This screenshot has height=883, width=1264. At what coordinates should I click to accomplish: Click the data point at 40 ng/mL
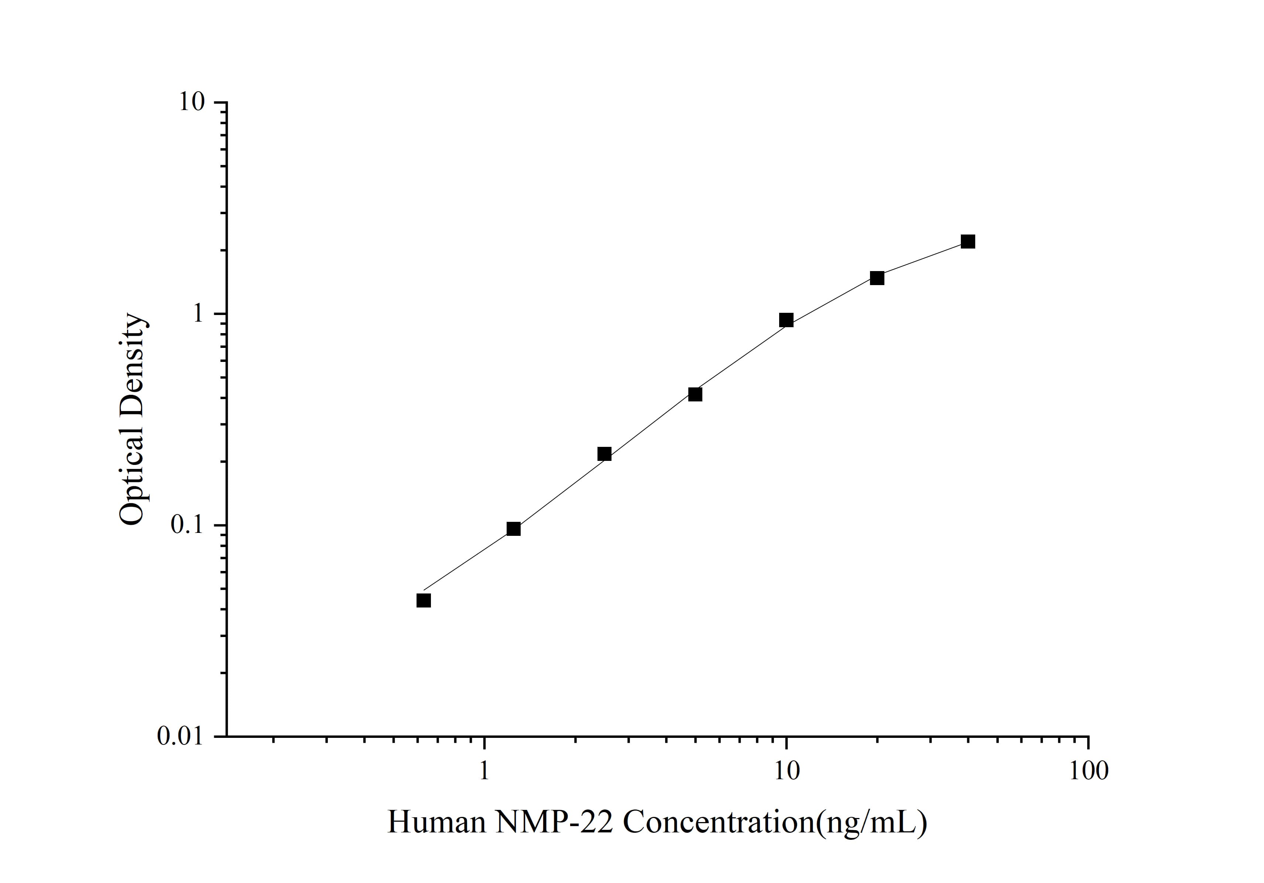[968, 241]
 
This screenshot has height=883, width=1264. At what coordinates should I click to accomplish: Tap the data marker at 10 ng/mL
[786, 320]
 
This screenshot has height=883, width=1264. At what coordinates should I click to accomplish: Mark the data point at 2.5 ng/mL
[604, 454]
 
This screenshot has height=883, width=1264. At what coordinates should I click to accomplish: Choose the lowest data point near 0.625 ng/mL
[423, 600]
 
